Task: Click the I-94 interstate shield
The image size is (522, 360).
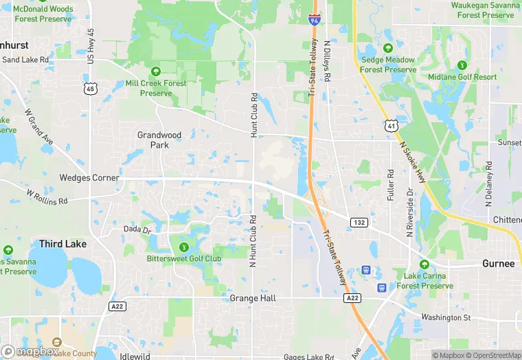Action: point(314,19)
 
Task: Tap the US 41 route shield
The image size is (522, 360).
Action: point(390,126)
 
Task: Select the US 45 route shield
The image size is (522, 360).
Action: point(91,89)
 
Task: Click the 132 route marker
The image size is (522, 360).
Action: point(359,222)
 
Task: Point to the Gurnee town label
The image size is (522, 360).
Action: point(498,264)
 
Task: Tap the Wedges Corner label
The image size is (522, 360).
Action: point(89,178)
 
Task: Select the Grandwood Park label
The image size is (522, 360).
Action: point(159,140)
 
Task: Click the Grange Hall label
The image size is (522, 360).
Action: point(253,299)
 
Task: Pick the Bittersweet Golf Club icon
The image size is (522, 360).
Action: point(183,247)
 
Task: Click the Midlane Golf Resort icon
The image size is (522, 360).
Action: point(462,65)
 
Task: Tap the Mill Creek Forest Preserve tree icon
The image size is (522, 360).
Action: point(156,71)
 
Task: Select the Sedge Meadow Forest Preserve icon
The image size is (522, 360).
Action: point(388,48)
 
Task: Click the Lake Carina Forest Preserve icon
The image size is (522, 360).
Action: point(424,265)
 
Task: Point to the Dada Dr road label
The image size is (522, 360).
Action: point(137,229)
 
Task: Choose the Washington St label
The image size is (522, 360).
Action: point(445,317)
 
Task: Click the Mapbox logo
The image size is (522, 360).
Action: point(30,351)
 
